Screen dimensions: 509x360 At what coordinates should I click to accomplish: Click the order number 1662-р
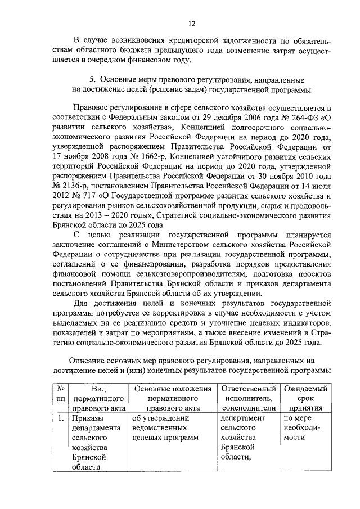[x=151, y=155]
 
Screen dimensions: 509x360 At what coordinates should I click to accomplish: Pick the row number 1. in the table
[x=61, y=418]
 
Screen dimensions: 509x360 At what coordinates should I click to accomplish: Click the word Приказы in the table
[x=87, y=418]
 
